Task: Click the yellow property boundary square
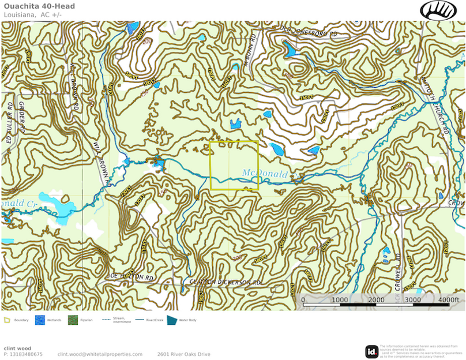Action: [234, 166]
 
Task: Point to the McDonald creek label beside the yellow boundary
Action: [268, 173]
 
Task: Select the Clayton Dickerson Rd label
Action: [226, 282]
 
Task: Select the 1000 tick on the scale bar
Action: [340, 300]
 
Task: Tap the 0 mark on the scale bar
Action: [304, 300]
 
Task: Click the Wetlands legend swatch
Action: [40, 320]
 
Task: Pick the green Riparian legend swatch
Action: [73, 320]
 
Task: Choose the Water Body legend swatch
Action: [172, 320]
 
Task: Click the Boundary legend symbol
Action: [7, 320]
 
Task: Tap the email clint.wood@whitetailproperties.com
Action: [100, 354]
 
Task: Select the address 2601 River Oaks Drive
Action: [183, 354]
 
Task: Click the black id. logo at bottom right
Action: [372, 351]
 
